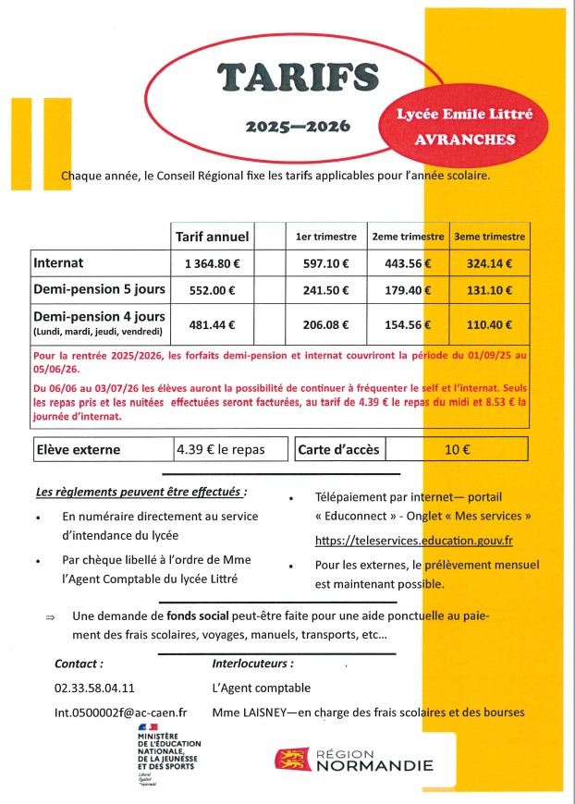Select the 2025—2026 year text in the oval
click(x=298, y=126)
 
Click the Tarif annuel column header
click(x=212, y=238)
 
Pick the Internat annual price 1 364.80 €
click(x=212, y=263)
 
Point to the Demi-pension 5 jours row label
click(x=99, y=289)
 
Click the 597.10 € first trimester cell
click(x=325, y=263)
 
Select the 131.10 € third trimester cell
click(x=489, y=289)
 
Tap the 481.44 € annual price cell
click(x=212, y=324)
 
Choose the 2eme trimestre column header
click(x=408, y=238)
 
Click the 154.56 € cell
click(x=408, y=324)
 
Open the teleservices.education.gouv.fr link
click(x=413, y=541)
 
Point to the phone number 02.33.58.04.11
click(x=94, y=688)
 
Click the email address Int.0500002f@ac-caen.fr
click(x=121, y=712)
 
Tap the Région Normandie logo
click(x=354, y=760)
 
